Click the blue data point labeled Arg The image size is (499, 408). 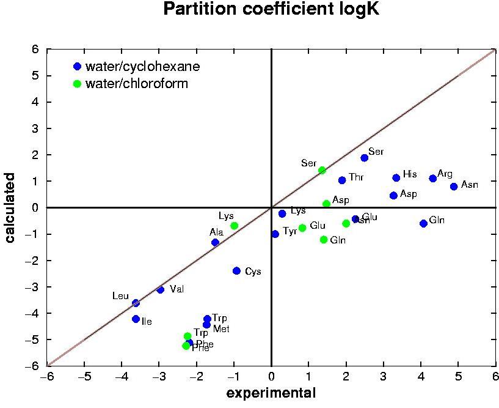point(433,179)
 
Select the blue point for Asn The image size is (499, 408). point(454,187)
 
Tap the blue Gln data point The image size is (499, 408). point(423,223)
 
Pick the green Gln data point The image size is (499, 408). point(324,240)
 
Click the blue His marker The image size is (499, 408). point(396,178)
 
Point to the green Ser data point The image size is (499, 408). point(322,170)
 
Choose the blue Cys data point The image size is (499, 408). point(237,271)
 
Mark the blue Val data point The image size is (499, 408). point(161,290)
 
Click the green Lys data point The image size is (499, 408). point(234,226)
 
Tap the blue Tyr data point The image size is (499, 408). point(275,234)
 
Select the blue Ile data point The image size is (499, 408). point(136,319)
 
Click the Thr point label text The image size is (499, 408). point(356,177)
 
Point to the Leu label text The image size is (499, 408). point(120,296)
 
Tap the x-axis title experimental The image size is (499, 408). point(271,393)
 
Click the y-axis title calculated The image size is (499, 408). point(10,208)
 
